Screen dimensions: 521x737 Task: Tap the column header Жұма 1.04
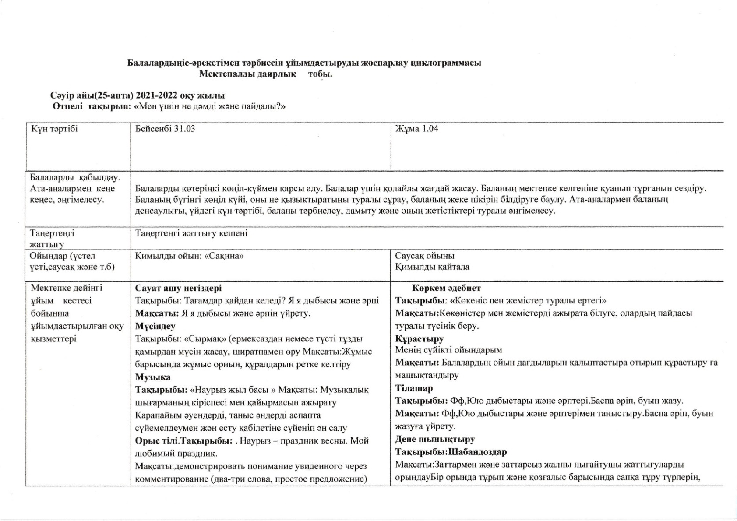click(416, 129)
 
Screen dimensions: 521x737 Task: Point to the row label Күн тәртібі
click(54, 129)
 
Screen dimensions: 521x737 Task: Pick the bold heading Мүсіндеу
click(155, 326)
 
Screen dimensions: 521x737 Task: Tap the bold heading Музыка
click(153, 377)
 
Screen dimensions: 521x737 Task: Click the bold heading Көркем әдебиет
click(446, 288)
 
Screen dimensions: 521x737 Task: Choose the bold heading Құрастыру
click(413, 339)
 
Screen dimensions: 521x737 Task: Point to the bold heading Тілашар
click(414, 388)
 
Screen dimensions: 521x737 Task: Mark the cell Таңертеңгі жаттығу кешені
click(191, 233)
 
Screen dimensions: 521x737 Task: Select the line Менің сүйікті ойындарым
click(448, 350)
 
